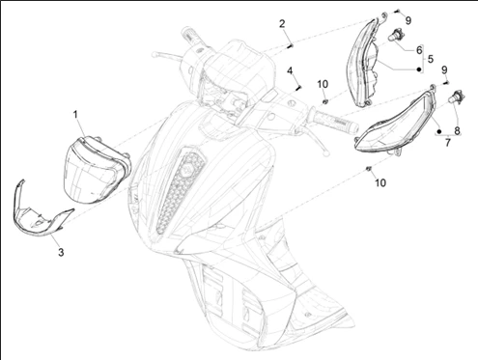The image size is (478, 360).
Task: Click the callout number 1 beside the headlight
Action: [75, 115]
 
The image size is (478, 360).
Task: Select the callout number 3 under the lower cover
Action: [61, 253]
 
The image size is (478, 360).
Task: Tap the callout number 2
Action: [282, 24]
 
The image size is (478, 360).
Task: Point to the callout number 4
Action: [290, 70]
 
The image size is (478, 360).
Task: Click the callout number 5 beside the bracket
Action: [431, 59]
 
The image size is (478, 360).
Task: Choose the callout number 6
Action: [419, 50]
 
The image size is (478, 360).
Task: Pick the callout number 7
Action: [448, 142]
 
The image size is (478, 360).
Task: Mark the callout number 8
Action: [457, 131]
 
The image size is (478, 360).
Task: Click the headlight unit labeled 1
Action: [96, 170]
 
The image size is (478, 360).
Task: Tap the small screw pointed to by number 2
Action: [291, 45]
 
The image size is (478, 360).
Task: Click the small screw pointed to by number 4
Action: [298, 87]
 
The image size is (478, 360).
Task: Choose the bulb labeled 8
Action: [457, 97]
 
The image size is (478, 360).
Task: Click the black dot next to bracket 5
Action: [419, 69]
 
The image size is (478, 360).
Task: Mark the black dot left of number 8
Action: [438, 131]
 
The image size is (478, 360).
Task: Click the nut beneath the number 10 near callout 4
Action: [325, 101]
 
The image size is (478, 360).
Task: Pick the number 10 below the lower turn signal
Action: [380, 182]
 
